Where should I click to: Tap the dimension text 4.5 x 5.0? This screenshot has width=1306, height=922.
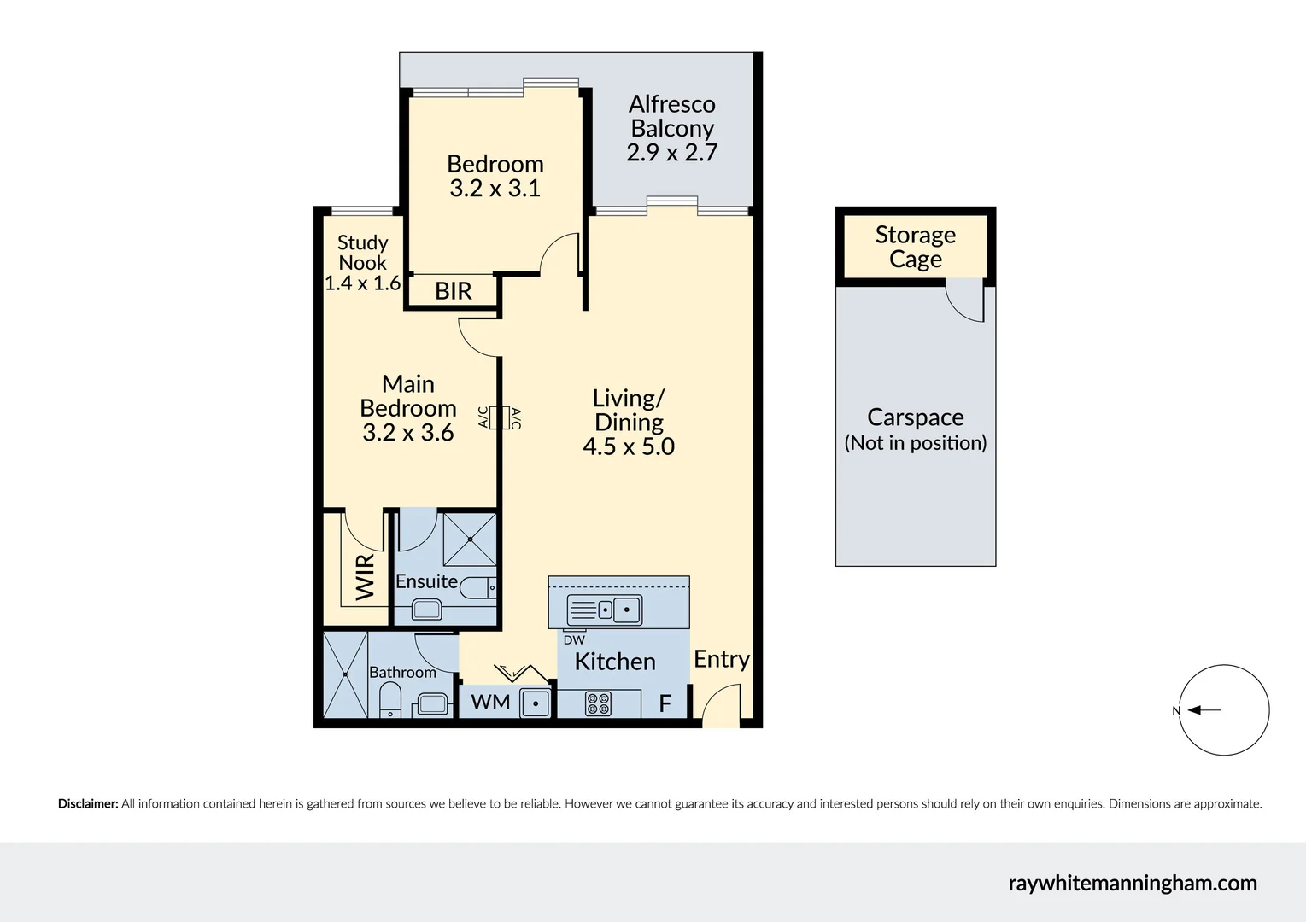pyautogui.click(x=629, y=446)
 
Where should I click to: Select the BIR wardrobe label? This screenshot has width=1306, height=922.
pyautogui.click(x=453, y=291)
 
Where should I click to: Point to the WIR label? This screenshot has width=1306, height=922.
pyautogui.click(x=365, y=576)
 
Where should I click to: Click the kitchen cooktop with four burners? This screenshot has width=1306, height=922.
pyautogui.click(x=598, y=703)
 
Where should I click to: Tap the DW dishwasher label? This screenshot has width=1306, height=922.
pyautogui.click(x=574, y=639)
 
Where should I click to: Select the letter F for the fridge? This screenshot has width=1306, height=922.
pyautogui.click(x=665, y=703)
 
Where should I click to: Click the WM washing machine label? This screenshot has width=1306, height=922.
pyautogui.click(x=490, y=702)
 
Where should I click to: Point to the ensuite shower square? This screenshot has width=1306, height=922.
pyautogui.click(x=470, y=539)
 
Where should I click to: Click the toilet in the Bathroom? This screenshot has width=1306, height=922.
pyautogui.click(x=389, y=702)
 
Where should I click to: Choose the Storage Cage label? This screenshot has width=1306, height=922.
pyautogui.click(x=915, y=247)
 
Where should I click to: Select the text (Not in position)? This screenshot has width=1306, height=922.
pyautogui.click(x=915, y=443)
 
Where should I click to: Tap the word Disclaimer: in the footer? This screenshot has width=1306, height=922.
pyautogui.click(x=88, y=803)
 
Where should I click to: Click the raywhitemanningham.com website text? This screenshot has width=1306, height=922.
pyautogui.click(x=1132, y=883)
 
